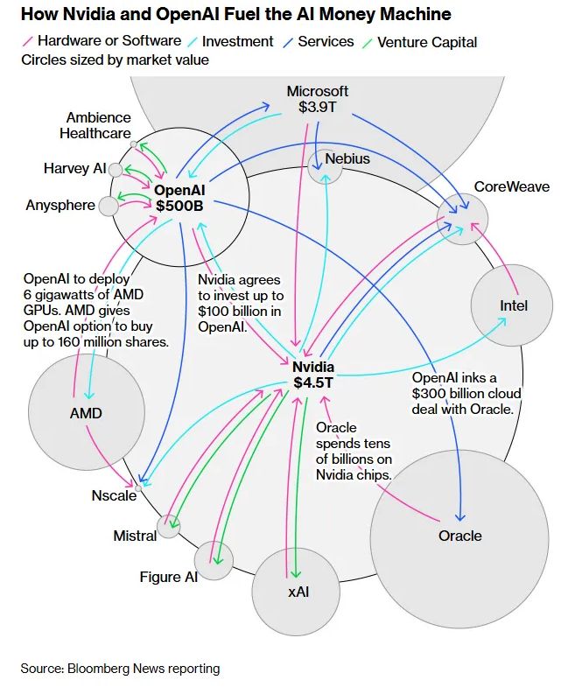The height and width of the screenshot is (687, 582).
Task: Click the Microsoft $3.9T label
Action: point(318,99)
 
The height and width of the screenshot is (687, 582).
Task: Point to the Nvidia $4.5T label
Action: point(312,375)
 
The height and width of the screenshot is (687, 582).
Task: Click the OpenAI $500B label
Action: point(179,197)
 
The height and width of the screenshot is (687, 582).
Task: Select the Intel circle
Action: point(514,306)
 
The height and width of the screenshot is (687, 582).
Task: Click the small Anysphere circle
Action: point(109,207)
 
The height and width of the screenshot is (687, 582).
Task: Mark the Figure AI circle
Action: point(214,560)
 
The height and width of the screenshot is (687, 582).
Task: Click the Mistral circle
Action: point(169,527)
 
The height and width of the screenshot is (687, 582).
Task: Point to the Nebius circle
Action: point(325,166)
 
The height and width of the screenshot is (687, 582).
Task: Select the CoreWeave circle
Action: point(462,220)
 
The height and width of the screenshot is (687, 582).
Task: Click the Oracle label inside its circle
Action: point(459,536)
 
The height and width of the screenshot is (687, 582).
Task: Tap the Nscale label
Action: point(114,495)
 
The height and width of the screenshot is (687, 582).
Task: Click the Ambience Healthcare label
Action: point(95,125)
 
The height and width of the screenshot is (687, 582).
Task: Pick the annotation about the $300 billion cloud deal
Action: point(466,393)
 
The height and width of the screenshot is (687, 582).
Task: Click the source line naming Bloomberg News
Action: point(120,669)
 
